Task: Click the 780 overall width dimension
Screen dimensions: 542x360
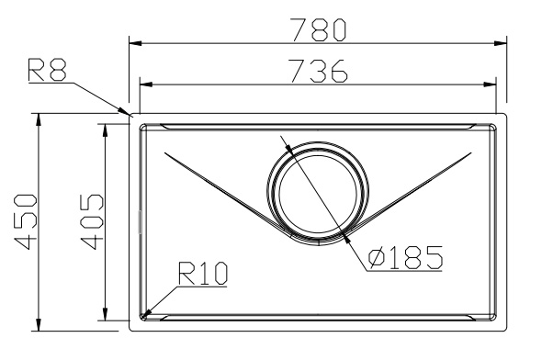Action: [x=318, y=29]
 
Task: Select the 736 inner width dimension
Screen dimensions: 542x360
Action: [x=318, y=71]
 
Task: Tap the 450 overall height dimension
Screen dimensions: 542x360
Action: [x=25, y=222]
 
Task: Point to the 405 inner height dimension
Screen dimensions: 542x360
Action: [x=92, y=222]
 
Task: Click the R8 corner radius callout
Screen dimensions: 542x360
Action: [x=47, y=70]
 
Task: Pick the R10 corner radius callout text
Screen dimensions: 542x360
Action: [x=203, y=274]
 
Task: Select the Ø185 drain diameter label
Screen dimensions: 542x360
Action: [x=405, y=258]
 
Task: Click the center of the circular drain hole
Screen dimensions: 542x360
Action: [x=318, y=193]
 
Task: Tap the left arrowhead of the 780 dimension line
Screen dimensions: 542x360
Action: [x=136, y=43]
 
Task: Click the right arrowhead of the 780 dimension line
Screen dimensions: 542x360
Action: [x=500, y=43]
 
